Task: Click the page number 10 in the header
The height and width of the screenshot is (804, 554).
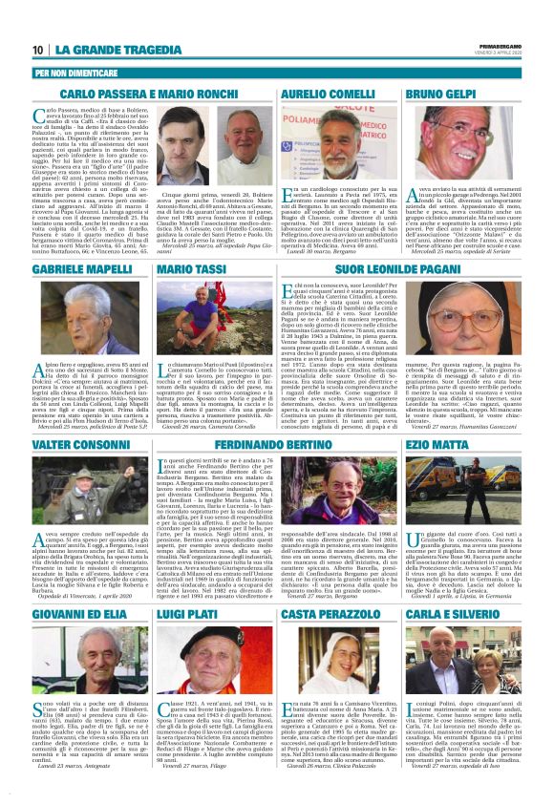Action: [38, 50]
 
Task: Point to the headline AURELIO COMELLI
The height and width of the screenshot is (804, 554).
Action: [341, 95]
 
